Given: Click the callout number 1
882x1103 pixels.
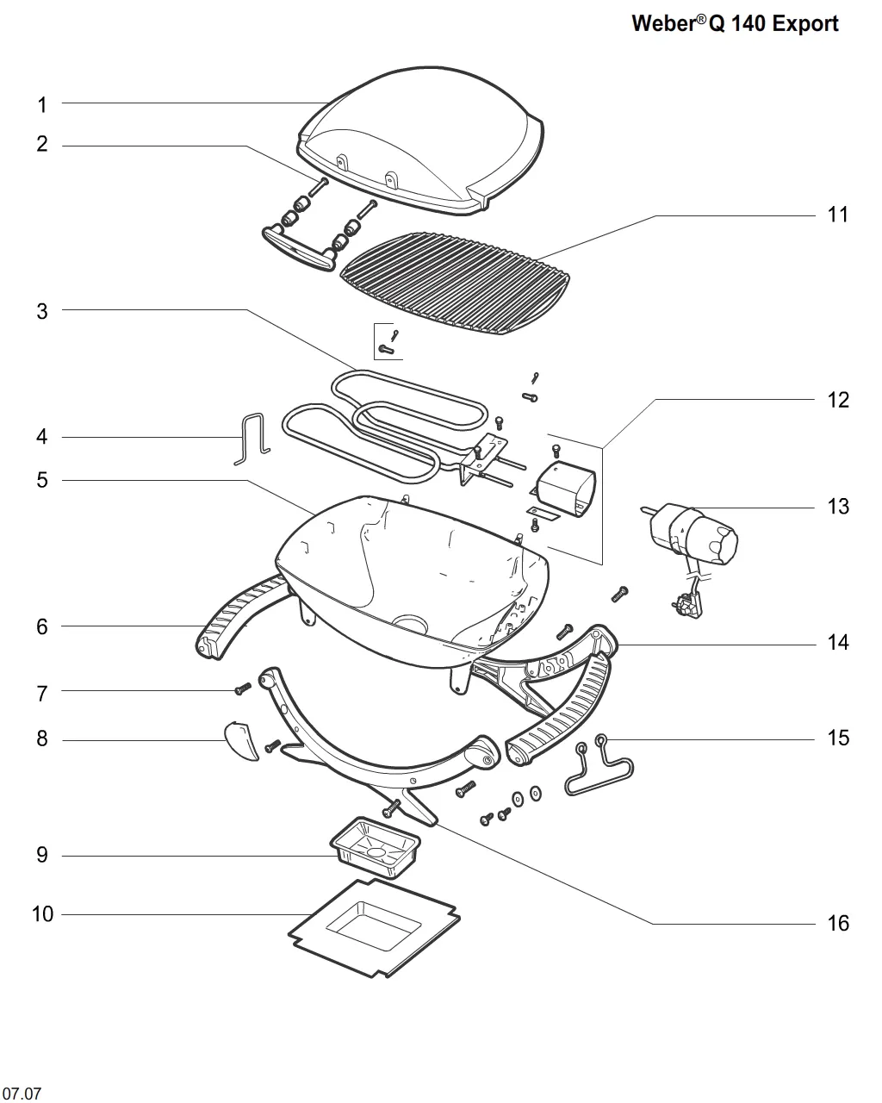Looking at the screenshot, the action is click(x=42, y=104).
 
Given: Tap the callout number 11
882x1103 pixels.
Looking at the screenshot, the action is click(x=838, y=215).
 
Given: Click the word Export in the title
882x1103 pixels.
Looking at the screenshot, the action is click(x=804, y=23).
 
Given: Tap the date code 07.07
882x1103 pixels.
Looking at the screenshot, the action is click(x=22, y=1093).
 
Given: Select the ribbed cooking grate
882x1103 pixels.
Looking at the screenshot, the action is click(x=455, y=283).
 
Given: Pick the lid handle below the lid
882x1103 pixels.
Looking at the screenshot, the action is click(x=299, y=248).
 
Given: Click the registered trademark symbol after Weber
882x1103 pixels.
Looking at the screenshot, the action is click(x=700, y=19).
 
